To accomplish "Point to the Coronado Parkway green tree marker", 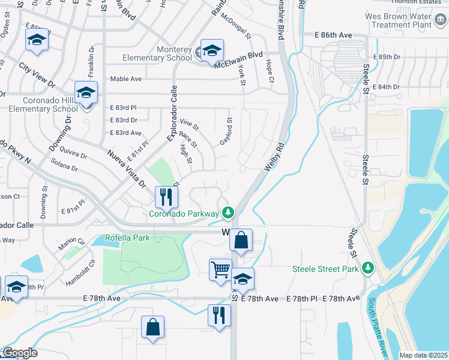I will [x=228, y=212].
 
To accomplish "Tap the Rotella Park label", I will [x=127, y=238].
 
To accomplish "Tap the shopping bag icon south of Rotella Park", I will [x=153, y=327].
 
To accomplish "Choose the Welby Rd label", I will [x=273, y=154].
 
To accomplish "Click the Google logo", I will [x=19, y=353].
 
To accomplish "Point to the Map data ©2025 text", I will [x=423, y=355].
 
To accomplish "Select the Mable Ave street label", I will [x=125, y=79].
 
